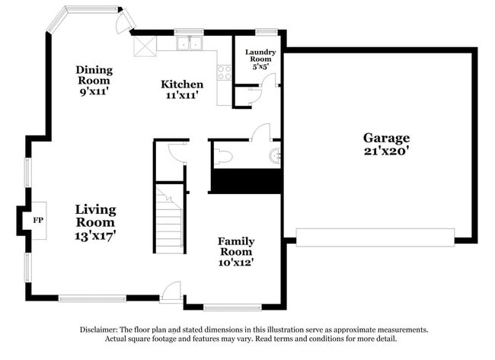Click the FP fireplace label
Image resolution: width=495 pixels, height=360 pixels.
pyautogui.click(x=38, y=219)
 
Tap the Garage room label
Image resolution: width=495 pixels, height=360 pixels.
pyautogui.click(x=386, y=138)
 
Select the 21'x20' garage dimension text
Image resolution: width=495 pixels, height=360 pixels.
pyautogui.click(x=386, y=151)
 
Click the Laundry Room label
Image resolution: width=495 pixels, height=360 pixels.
pyautogui.click(x=259, y=56)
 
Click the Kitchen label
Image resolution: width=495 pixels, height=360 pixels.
pyautogui.click(x=182, y=84)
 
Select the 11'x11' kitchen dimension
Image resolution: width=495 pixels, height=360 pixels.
pyautogui.click(x=182, y=96)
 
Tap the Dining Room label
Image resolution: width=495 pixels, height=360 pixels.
pyautogui.click(x=93, y=75)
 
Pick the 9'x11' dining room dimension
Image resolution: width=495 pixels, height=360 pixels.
pyautogui.click(x=93, y=91)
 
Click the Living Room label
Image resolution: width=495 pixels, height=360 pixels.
pyautogui.click(x=95, y=215)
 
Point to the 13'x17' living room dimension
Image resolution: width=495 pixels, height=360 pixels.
pyautogui.click(x=95, y=236)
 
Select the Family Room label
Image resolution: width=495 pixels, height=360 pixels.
pyautogui.click(x=237, y=247)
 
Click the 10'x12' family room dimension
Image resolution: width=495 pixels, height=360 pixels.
pyautogui.click(x=237, y=262)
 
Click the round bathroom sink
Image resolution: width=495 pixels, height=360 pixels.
pyautogui.click(x=275, y=158)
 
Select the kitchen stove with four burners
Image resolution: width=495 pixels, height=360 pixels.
pyautogui.click(x=225, y=72)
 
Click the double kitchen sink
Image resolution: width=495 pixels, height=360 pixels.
pyautogui.click(x=187, y=43)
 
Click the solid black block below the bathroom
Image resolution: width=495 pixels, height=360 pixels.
pyautogui.click(x=246, y=181)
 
